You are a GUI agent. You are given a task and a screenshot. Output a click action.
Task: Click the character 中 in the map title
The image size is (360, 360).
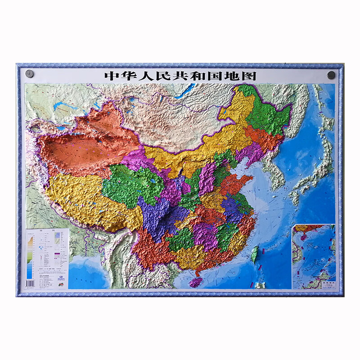[111, 75]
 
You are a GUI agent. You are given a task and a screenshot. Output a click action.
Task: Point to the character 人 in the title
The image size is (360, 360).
[145, 75]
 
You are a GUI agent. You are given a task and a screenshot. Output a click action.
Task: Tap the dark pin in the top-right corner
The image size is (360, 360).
[331, 75]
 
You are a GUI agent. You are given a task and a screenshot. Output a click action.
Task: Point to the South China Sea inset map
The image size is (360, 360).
[313, 256]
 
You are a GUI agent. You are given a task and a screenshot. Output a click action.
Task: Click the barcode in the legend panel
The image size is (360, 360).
[31, 283]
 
